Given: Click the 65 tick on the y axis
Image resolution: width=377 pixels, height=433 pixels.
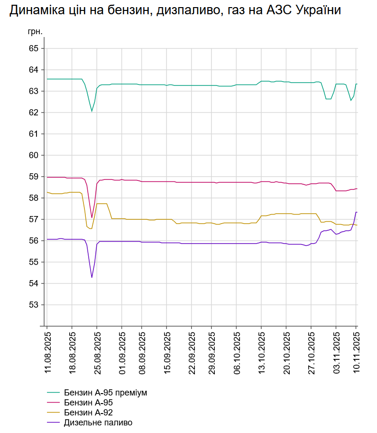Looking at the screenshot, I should click(x=33, y=48).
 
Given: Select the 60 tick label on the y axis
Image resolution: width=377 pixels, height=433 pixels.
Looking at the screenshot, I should click(x=33, y=155).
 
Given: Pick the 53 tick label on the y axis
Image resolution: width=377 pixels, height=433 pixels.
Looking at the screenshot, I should click(x=33, y=305).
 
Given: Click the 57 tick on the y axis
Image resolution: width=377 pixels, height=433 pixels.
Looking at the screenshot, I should click(x=33, y=219).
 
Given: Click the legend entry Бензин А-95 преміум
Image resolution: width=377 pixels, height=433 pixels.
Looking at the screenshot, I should click(x=105, y=393).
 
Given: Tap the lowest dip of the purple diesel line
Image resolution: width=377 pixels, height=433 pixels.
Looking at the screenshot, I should click(x=92, y=277).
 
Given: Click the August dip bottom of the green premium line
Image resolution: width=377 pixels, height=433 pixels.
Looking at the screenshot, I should click(x=92, y=111).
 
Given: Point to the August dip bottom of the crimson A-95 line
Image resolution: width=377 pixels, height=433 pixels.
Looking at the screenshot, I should click(x=92, y=217).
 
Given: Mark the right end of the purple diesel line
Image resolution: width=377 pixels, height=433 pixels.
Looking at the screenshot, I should click(x=357, y=212).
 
